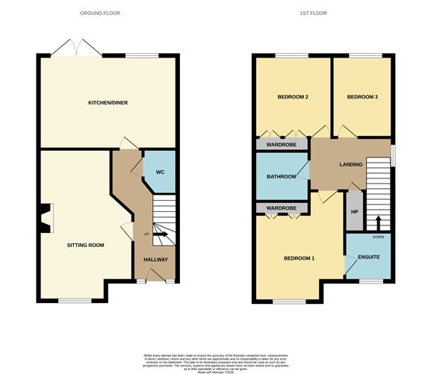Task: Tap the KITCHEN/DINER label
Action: click(x=107, y=103)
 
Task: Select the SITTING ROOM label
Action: click(x=85, y=245)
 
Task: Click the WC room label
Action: click(x=160, y=172)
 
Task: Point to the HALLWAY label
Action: click(x=155, y=259)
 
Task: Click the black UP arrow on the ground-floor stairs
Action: click(x=161, y=236)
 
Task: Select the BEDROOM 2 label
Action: click(x=293, y=97)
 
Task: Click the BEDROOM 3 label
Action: click(x=362, y=97)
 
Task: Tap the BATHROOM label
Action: click(x=282, y=177)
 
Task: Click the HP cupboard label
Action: click(x=354, y=211)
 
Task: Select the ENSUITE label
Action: click(x=368, y=258)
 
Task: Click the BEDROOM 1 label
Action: click(x=299, y=258)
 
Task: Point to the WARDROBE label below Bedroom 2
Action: click(x=282, y=144)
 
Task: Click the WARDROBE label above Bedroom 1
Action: click(x=282, y=208)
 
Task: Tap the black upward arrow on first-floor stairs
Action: click(x=378, y=222)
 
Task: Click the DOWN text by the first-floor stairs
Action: click(x=378, y=237)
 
